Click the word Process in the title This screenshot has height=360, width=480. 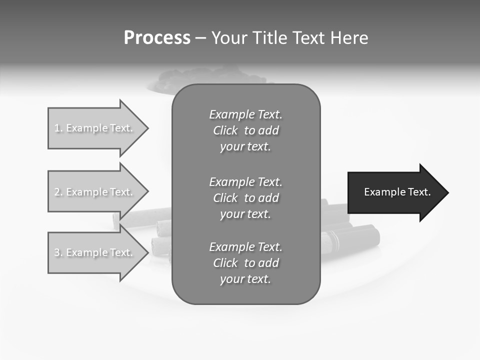point(157,38)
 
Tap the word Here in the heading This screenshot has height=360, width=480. point(349,38)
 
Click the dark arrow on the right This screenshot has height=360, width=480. point(395,192)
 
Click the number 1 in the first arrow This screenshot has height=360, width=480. point(57,128)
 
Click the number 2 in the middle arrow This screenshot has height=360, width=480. point(57,192)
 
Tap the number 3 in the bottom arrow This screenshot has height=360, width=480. point(57,252)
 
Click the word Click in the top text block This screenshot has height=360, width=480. point(225,131)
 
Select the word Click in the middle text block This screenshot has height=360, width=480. point(225,198)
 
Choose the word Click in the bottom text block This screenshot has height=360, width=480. point(225,263)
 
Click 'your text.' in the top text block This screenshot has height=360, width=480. point(245,147)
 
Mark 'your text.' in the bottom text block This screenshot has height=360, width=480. point(245,279)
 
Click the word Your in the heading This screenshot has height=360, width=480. point(228,38)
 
